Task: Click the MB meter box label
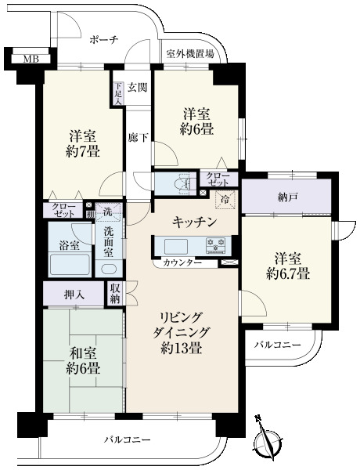click(x=31, y=59)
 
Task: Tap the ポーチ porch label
click(x=104, y=40)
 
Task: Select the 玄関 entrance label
click(x=138, y=88)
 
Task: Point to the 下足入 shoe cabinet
click(x=118, y=94)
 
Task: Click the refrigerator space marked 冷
click(x=225, y=199)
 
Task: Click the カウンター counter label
click(x=182, y=263)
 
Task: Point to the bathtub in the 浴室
click(x=70, y=264)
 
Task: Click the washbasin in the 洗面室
click(x=109, y=269)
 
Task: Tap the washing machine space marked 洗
click(x=108, y=211)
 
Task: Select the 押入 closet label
click(x=74, y=295)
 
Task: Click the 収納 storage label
click(x=115, y=294)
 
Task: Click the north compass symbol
click(x=268, y=439)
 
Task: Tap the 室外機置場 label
click(x=190, y=54)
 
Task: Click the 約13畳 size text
click(x=180, y=349)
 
